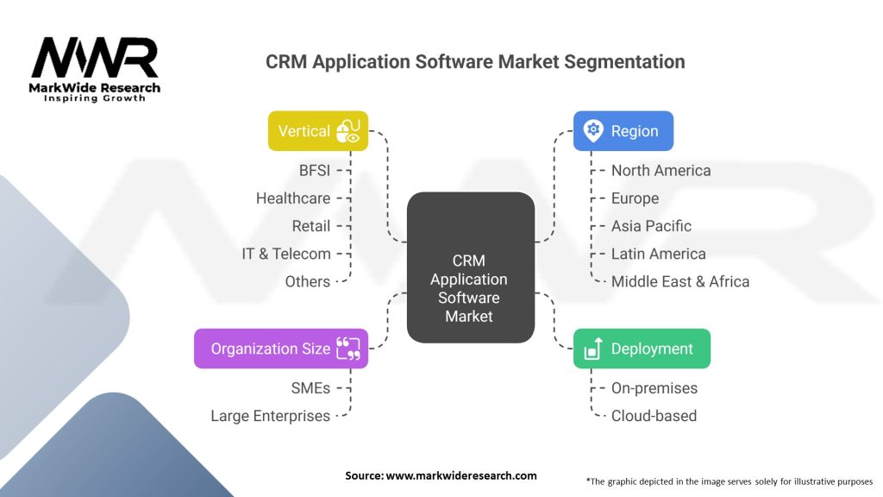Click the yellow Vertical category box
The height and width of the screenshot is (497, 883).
pos(318,131)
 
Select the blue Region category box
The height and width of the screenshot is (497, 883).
pos(623,131)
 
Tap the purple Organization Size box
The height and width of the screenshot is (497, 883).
pos(281,349)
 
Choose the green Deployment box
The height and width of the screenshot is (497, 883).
pos(642,349)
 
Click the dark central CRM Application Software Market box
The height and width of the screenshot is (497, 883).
pos(471,267)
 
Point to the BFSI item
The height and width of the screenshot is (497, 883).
pos(315,170)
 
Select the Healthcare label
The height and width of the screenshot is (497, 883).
pos(293,198)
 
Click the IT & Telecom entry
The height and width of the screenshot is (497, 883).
pos(286,254)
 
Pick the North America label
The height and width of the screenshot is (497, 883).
pos(661,170)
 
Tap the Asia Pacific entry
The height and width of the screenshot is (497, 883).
pos(652,226)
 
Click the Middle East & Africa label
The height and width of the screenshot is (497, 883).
pos(680,281)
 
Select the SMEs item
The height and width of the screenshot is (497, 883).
pos(310,388)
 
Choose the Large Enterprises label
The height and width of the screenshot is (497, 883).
pos(270,416)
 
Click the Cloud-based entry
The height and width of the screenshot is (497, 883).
pos(654,416)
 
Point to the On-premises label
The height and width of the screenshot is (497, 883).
pos(654,388)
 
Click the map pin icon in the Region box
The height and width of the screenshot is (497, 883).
pos(593,131)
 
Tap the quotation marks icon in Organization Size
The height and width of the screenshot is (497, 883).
pos(348,349)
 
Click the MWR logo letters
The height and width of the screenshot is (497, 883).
pos(95,58)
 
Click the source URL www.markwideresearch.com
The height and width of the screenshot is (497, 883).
pos(461,475)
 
